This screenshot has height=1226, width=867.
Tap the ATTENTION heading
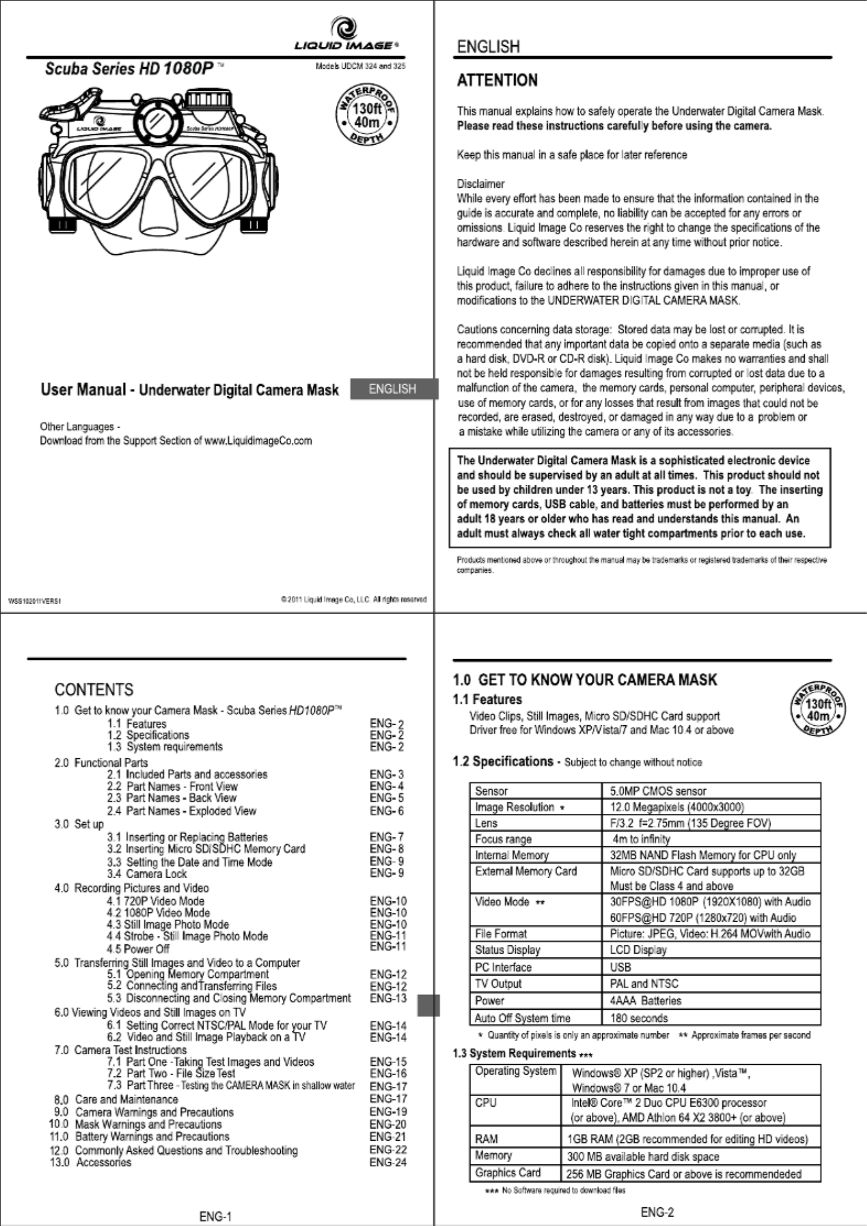pos(497,81)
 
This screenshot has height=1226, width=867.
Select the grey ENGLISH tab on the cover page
pos(393,389)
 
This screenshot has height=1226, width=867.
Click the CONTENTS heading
pos(94,689)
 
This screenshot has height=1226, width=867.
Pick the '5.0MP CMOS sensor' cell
pos(658,791)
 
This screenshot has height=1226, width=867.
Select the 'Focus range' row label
pos(503,839)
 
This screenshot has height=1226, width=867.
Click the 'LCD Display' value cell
pos(638,950)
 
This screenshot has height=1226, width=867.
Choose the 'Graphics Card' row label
pos(508,1173)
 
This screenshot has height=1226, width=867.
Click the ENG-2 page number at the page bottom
pos(657,1212)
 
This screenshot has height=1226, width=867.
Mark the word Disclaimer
pos(480,183)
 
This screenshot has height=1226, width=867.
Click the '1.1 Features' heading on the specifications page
pos(487,699)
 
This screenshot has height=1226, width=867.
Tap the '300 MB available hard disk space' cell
pos(643,1156)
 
